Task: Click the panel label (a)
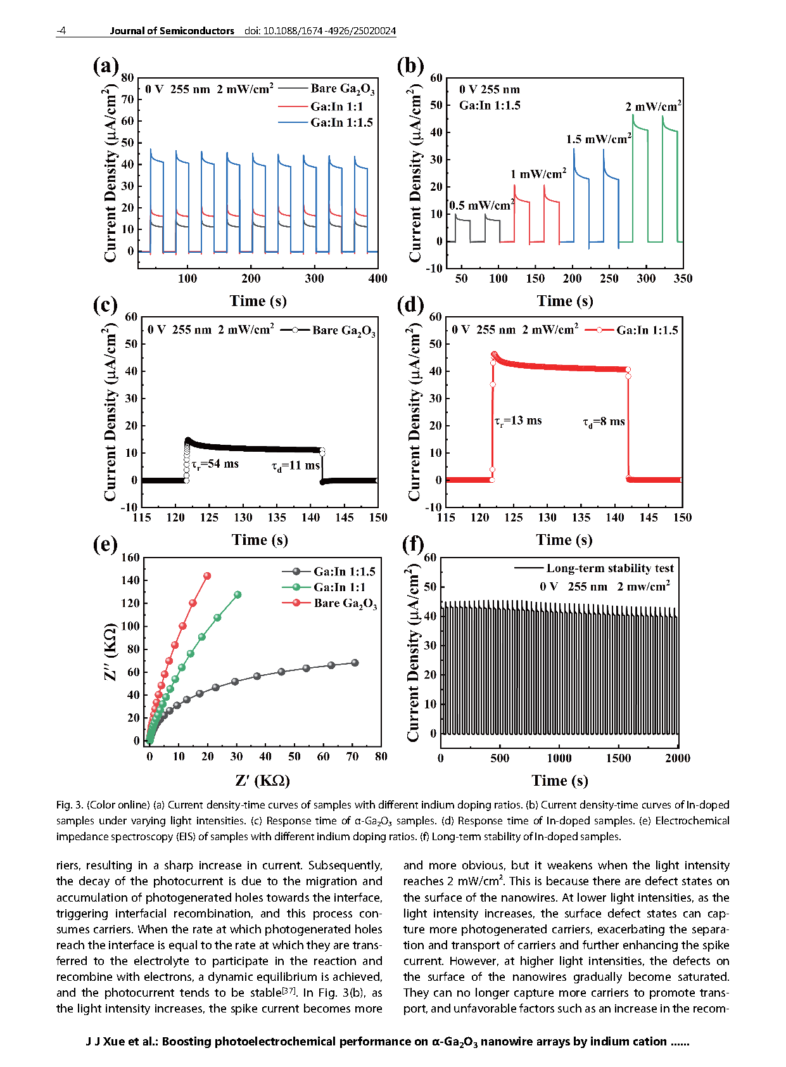coord(105,66)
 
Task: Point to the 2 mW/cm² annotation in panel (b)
coord(653,106)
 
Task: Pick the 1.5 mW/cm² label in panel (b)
coord(599,139)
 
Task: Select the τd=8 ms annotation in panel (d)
coord(604,422)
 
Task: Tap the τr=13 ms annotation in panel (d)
coord(518,421)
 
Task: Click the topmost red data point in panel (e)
coord(207,576)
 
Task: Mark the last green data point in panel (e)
coord(238,594)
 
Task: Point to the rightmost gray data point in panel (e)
coord(355,663)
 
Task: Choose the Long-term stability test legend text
coord(610,568)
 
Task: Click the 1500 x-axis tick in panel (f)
coord(618,758)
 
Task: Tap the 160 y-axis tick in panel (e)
coord(130,558)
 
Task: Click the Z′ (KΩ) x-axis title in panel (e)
coord(262,781)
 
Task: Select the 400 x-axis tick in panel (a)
coord(377,278)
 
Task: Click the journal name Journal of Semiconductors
coord(172,31)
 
